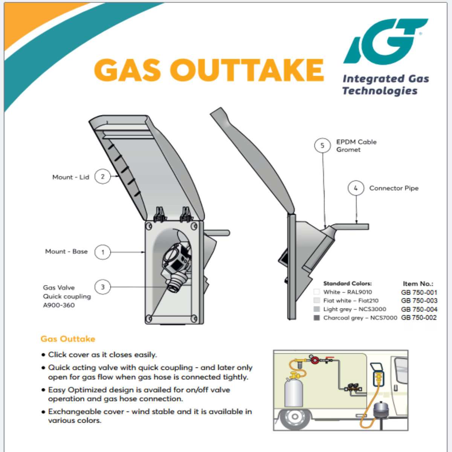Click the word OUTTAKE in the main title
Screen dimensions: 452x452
pos(247,70)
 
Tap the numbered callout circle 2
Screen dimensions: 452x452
pos(102,176)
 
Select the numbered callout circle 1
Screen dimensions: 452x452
pos(102,252)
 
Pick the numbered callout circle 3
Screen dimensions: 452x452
pos(102,287)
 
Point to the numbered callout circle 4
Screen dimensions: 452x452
pos(356,188)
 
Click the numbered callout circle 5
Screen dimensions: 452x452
pos(322,145)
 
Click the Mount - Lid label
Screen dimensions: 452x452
pos(70,177)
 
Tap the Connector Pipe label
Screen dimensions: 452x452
pos(394,188)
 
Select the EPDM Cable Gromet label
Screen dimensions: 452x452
pos(356,146)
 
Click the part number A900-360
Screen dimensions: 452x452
pos(59,305)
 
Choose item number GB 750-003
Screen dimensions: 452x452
pos(419,301)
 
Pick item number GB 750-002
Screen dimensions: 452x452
pos(419,318)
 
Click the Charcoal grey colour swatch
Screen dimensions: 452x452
pos(317,318)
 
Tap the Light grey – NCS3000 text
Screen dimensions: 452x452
pos(354,309)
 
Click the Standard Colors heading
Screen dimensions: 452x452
pos(347,283)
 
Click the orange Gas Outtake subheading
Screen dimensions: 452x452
pos(68,339)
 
